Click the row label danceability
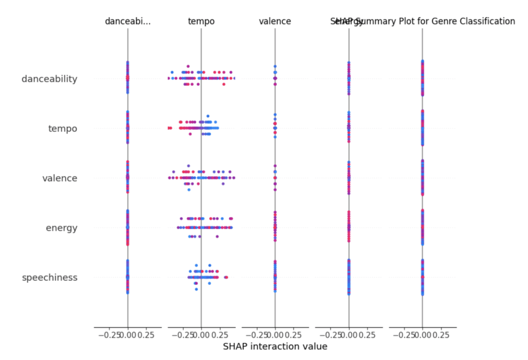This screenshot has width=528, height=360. tap(49, 79)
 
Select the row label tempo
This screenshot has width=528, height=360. tap(63, 129)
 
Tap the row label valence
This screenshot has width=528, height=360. tap(60, 178)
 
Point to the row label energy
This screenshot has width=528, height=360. tap(62, 228)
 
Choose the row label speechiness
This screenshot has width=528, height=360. tap(49, 278)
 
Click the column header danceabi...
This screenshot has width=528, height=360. tap(128, 21)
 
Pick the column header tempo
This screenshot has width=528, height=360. tap(201, 21)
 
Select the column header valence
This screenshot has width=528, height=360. tap(275, 21)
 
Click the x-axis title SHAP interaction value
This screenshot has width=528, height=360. tap(275, 347)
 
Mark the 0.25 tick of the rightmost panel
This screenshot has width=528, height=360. tap(441, 335)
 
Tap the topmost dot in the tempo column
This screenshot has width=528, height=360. tap(188, 66)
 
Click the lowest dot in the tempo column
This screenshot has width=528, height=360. tap(196, 289)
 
